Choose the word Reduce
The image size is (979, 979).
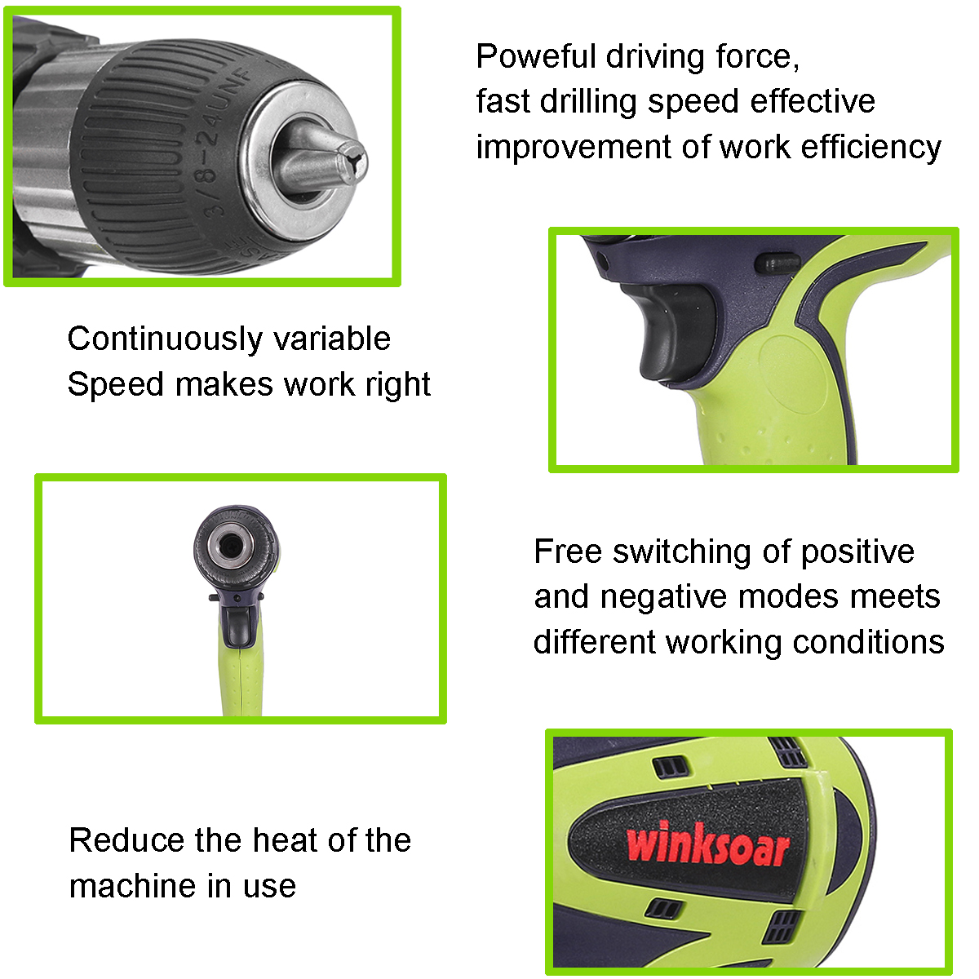(126, 840)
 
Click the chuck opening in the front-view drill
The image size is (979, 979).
(229, 547)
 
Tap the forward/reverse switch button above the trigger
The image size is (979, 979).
(777, 264)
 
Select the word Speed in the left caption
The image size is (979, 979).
(116, 386)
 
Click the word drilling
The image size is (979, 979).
(588, 102)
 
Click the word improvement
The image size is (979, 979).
(574, 148)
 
